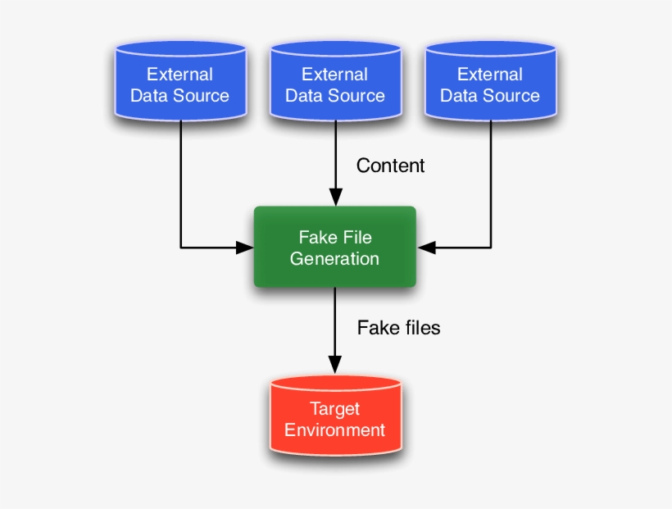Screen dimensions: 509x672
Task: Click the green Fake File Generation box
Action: pyautogui.click(x=334, y=248)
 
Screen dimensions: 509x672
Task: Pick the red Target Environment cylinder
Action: pyautogui.click(x=335, y=418)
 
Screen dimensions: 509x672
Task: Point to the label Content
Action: pyautogui.click(x=390, y=166)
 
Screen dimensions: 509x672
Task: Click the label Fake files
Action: pyautogui.click(x=398, y=328)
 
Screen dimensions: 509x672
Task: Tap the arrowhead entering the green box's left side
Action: pyautogui.click(x=245, y=247)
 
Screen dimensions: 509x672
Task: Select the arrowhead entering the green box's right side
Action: pyautogui.click(x=426, y=247)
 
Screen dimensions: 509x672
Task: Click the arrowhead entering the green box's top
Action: pyautogui.click(x=335, y=198)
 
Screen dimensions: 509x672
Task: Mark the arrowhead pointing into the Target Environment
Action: pyautogui.click(x=334, y=366)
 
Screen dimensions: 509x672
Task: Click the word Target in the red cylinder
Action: pyautogui.click(x=334, y=408)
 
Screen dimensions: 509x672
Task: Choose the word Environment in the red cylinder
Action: pyautogui.click(x=335, y=429)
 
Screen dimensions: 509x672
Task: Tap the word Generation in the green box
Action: pyautogui.click(x=334, y=259)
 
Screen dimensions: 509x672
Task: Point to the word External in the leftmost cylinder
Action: pyautogui.click(x=179, y=75)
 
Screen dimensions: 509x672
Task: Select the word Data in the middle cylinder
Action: pyautogui.click(x=303, y=95)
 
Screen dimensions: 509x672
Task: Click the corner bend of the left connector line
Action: pyautogui.click(x=180, y=247)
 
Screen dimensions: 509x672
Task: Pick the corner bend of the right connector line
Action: pyautogui.click(x=491, y=247)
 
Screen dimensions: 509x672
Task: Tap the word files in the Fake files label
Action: pyautogui.click(x=419, y=328)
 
